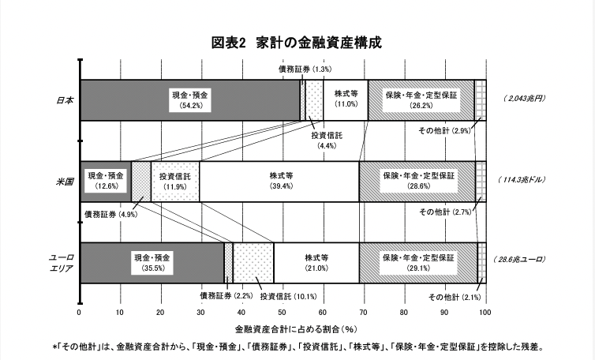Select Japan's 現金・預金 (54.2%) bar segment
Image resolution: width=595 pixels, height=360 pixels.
point(189,99)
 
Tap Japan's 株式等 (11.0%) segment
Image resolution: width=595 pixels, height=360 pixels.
point(346,99)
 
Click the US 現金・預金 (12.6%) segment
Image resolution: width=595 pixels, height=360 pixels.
point(105,181)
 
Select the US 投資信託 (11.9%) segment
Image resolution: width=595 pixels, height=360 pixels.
point(174,181)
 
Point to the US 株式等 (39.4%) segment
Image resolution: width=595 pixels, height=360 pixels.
point(279,181)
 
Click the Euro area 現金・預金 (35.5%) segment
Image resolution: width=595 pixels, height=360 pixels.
point(152,262)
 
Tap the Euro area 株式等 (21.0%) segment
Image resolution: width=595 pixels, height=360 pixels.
point(316,262)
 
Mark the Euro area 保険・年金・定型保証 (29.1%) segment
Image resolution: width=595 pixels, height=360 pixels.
point(418,262)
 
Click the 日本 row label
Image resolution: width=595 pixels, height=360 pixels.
point(65,100)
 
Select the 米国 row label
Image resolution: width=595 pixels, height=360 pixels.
point(65,181)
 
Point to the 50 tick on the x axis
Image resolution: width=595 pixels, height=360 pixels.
point(282,312)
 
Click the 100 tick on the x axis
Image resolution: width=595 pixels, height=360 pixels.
point(485,312)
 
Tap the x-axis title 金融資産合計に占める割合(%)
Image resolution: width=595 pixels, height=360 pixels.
point(283,328)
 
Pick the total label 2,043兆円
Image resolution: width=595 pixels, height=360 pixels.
point(522,99)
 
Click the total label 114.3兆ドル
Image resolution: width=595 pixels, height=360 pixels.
point(522,181)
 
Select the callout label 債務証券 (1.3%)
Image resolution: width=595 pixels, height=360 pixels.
point(305,69)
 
